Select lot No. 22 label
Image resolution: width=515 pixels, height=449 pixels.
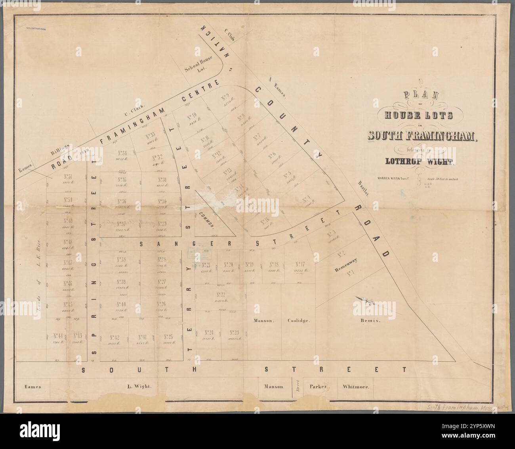(221, 295)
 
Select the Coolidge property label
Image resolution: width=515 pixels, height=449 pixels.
(298, 321)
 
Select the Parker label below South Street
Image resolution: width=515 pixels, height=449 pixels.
(320, 386)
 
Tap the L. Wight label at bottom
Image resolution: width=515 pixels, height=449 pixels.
(139, 386)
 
